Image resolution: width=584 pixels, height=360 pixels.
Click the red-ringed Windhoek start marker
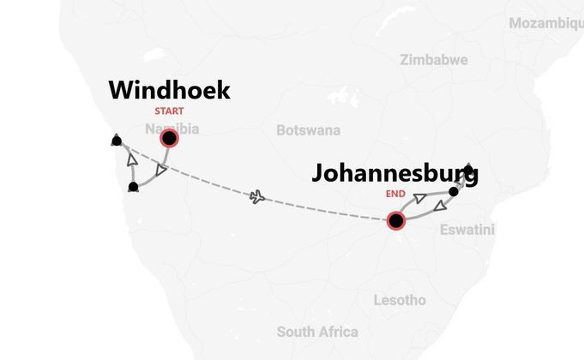[x=170, y=138]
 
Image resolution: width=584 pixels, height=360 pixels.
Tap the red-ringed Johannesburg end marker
[x=395, y=221]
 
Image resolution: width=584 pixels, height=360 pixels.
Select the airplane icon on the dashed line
[x=256, y=198]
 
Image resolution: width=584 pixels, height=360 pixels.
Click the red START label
[x=169, y=111]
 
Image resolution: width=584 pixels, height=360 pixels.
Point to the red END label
[x=395, y=195]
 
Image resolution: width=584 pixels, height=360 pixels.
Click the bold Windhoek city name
[x=170, y=90]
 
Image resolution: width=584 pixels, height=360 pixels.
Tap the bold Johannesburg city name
[x=394, y=173]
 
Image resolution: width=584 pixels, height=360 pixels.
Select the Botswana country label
[x=308, y=130]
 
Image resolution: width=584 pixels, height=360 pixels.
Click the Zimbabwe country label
[x=433, y=60]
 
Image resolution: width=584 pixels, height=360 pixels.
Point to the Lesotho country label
[x=400, y=300]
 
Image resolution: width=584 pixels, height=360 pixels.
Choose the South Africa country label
[x=317, y=332]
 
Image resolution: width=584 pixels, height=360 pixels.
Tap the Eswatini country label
[x=467, y=230]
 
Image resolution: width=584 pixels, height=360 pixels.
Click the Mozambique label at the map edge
[x=546, y=23]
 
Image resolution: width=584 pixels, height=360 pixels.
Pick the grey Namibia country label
[x=172, y=129]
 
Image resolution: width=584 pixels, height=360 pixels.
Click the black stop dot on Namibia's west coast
[x=116, y=141]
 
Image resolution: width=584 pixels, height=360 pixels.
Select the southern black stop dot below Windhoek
[x=133, y=186]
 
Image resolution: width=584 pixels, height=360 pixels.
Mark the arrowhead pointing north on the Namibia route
[x=131, y=160]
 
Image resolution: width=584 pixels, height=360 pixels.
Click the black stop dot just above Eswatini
[x=454, y=191]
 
